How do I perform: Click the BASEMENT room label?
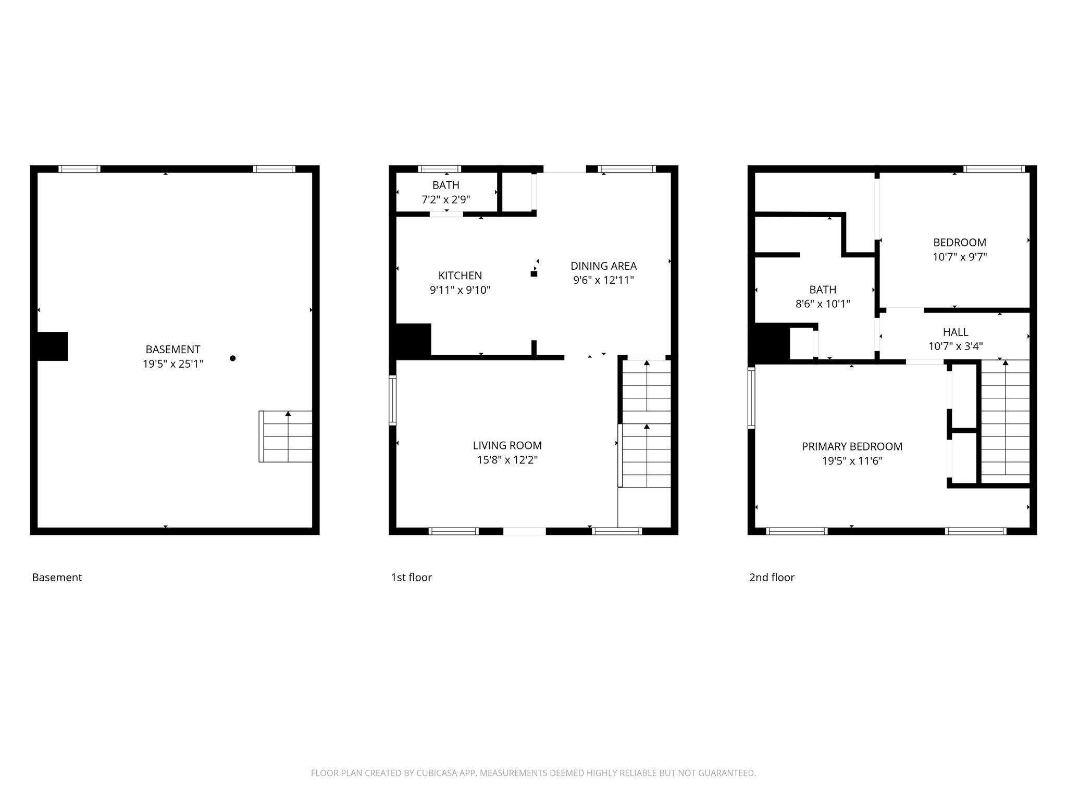(x=172, y=349)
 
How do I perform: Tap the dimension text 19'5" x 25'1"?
(x=172, y=364)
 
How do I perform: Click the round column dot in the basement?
(x=233, y=358)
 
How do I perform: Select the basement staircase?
(x=286, y=436)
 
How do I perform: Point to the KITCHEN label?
(x=460, y=276)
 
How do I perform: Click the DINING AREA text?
(x=603, y=266)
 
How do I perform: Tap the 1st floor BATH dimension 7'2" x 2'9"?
(x=446, y=199)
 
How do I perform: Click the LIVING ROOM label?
(x=507, y=445)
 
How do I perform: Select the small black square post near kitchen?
(x=533, y=274)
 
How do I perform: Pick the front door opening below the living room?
(x=524, y=531)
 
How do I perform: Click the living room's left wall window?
(x=393, y=401)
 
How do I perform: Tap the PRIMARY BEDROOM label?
(x=852, y=446)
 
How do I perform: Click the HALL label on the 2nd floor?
(x=956, y=332)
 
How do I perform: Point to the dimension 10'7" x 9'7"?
(x=959, y=257)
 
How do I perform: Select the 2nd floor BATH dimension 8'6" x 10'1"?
(x=823, y=304)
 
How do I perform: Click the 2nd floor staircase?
(x=1005, y=422)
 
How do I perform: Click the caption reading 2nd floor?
(x=772, y=578)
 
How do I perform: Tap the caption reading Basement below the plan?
(x=57, y=578)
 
